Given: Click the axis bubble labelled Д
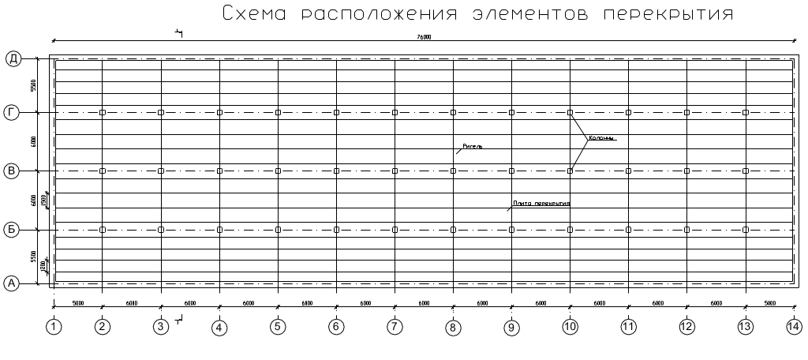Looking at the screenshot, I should pyautogui.click(x=13, y=58).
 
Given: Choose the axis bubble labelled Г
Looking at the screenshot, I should pyautogui.click(x=13, y=113).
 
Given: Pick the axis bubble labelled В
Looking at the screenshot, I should pyautogui.click(x=13, y=171).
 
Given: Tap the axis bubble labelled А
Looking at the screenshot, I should pyautogui.click(x=13, y=283).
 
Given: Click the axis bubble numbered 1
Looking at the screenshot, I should pyautogui.click(x=53, y=326).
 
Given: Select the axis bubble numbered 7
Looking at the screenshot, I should pyautogui.click(x=395, y=326).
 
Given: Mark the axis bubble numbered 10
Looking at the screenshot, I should pyautogui.click(x=570, y=326).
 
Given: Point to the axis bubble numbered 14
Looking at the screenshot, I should pyautogui.click(x=794, y=326).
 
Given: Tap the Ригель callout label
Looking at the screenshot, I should pyautogui.click(x=472, y=147).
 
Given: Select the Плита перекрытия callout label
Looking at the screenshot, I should pyautogui.click(x=541, y=204).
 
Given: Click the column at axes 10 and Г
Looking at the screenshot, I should pyautogui.click(x=570, y=113).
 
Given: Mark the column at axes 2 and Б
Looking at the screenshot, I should pyautogui.click(x=103, y=230).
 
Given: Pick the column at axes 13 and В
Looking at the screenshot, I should pyautogui.click(x=746, y=171).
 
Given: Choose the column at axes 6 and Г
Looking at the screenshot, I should pyautogui.click(x=336, y=113).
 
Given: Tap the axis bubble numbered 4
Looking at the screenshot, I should pyautogui.click(x=219, y=326).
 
